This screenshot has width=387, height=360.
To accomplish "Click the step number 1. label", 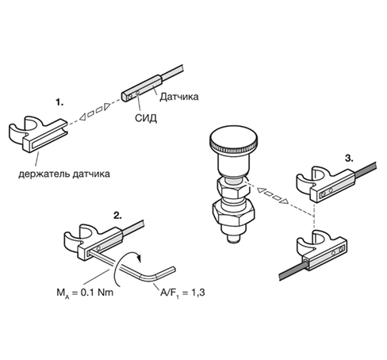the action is click(x=59, y=102).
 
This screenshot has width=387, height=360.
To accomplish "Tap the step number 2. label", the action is click(x=117, y=216).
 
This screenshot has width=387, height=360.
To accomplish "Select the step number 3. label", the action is click(x=349, y=159).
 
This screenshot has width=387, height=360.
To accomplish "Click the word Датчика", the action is click(x=179, y=97).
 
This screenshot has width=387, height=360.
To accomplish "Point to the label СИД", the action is click(x=146, y=118).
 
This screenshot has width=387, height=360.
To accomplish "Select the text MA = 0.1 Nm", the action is click(x=85, y=293).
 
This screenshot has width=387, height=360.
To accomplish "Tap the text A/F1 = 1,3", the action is click(x=182, y=293).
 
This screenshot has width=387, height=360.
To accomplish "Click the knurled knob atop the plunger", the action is click(x=233, y=140).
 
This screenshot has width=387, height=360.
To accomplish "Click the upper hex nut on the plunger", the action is click(x=233, y=188).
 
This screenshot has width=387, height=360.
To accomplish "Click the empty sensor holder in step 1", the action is click(x=38, y=133).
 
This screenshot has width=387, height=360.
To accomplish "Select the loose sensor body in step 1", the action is click(x=142, y=88).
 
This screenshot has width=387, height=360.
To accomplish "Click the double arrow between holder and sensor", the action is click(x=95, y=111).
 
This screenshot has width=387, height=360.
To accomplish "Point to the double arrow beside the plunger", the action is click(x=273, y=196).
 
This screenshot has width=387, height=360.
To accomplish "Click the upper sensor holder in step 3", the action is click(x=325, y=184).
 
